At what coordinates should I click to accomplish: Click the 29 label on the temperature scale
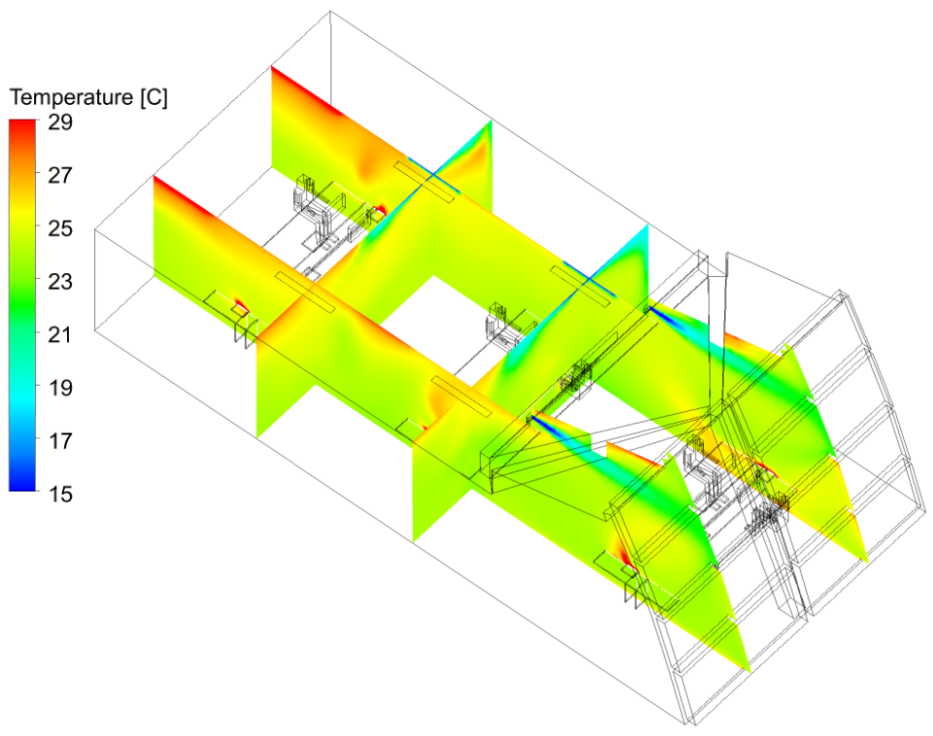coord(60,123)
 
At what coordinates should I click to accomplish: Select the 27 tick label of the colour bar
coord(60,175)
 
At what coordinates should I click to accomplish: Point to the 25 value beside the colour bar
coord(60,228)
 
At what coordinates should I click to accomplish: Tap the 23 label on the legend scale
coord(60,281)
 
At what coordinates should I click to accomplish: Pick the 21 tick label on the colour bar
coord(60,334)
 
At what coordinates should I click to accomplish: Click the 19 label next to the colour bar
coord(60,388)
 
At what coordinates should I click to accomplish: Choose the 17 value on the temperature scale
coord(60,440)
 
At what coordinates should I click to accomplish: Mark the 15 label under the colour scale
coord(60,494)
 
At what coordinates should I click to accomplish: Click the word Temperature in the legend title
coord(72,97)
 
